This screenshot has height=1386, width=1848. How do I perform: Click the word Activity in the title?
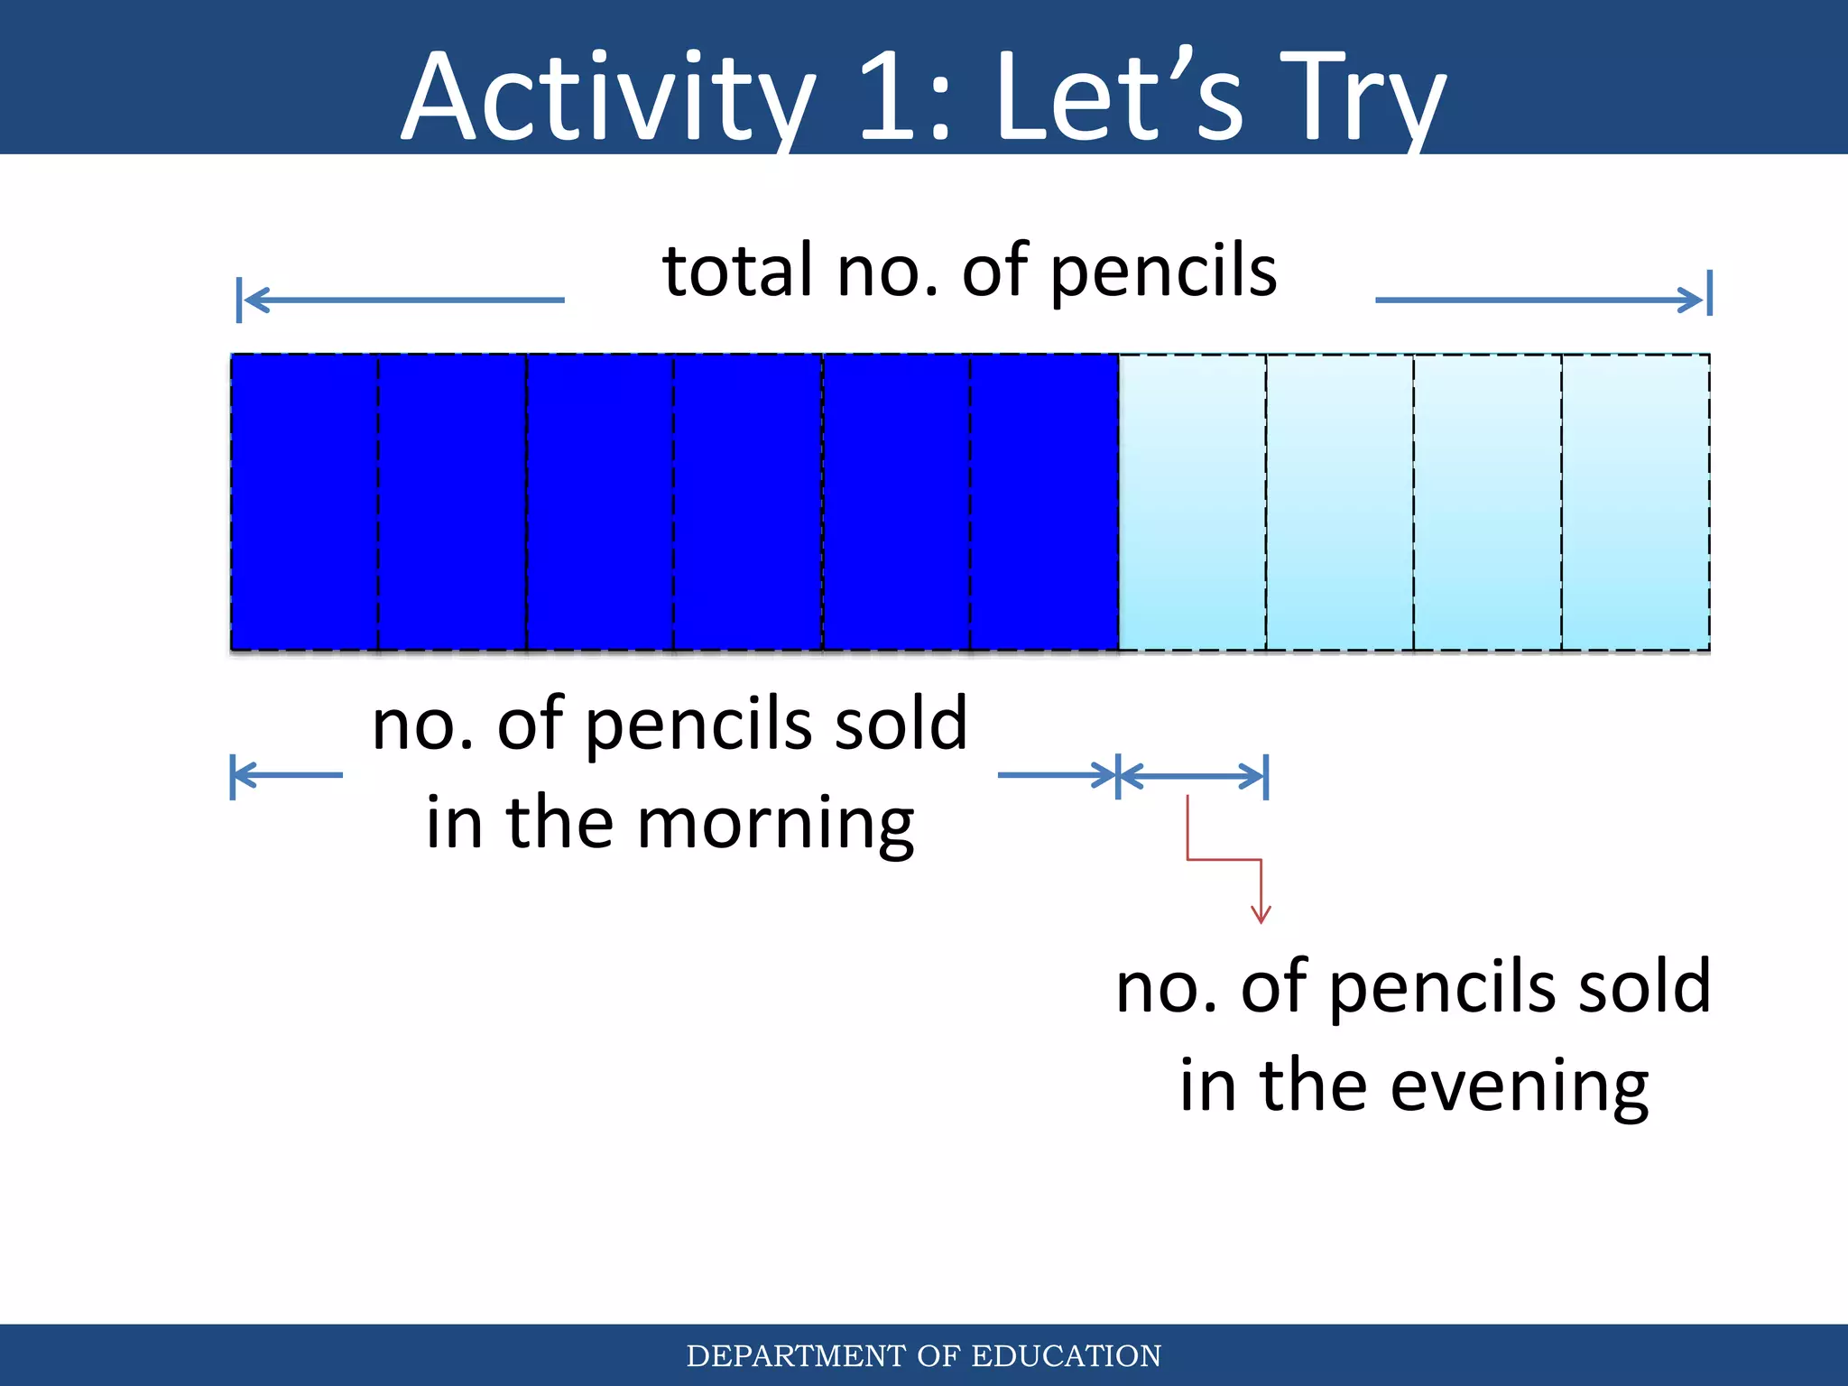(606, 97)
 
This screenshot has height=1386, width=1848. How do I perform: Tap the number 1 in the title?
(889, 97)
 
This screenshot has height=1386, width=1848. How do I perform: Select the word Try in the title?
(1363, 97)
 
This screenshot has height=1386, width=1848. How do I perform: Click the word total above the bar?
(737, 270)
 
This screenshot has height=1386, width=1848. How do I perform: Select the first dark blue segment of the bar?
(304, 502)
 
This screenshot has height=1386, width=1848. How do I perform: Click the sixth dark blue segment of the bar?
(1044, 502)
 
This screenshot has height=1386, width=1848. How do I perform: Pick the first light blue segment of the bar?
(1192, 502)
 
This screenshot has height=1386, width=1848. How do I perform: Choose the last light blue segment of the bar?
(1635, 502)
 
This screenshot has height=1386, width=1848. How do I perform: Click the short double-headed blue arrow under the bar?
(1192, 775)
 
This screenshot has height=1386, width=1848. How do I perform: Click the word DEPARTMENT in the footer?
(796, 1356)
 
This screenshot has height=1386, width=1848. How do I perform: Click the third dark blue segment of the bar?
(600, 502)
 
